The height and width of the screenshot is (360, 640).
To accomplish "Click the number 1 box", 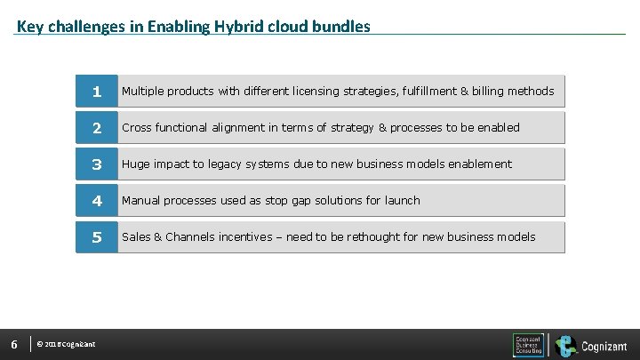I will [x=97, y=91].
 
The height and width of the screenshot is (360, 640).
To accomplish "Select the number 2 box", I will [x=97, y=127].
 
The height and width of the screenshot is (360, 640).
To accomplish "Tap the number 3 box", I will [x=97, y=164].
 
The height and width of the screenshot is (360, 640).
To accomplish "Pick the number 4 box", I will [x=97, y=200].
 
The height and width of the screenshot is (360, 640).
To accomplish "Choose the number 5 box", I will [x=97, y=236].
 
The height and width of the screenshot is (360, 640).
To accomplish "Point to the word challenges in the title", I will [x=88, y=27].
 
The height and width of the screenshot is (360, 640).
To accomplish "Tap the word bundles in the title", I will [x=341, y=27].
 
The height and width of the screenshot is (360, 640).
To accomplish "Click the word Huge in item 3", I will [x=136, y=164].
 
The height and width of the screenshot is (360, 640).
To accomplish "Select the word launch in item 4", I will [x=402, y=200].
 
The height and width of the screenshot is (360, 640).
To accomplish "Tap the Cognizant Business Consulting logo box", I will [x=528, y=345].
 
